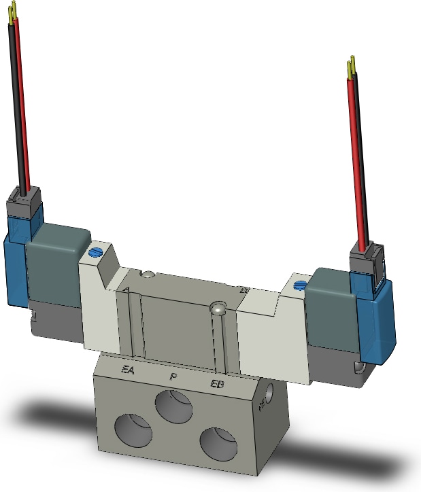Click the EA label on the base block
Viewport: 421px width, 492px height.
[128, 370]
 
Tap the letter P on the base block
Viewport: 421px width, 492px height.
[173, 376]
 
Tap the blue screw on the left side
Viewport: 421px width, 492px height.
[95, 253]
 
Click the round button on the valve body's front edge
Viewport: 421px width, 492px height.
[217, 309]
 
